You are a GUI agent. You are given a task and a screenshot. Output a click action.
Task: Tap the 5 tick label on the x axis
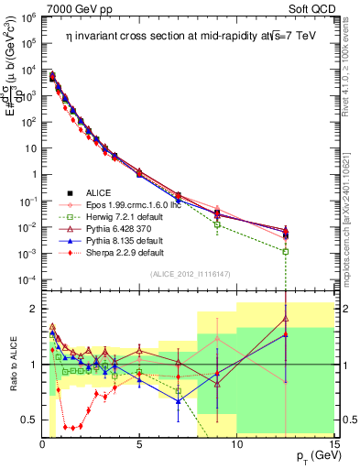139,445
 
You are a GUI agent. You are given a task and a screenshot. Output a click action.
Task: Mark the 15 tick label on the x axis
333,445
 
